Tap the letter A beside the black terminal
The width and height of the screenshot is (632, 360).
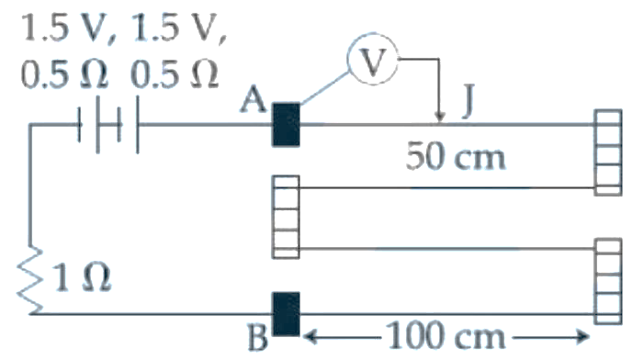[254, 100]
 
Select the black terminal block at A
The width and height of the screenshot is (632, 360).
[287, 125]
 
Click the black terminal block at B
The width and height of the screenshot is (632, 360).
[287, 314]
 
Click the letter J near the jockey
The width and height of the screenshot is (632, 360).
[468, 101]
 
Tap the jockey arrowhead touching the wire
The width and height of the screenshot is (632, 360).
[440, 116]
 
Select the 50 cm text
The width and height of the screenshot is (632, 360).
[455, 157]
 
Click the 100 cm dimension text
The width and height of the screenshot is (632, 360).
[446, 335]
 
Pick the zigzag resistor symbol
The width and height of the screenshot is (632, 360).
[29, 279]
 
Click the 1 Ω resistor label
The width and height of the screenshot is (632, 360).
[82, 278]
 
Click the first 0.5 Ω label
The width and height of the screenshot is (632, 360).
[64, 74]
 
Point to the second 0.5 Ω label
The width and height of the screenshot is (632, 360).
[175, 74]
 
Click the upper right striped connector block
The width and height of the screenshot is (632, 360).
[608, 152]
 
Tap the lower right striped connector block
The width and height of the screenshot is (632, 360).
[608, 281]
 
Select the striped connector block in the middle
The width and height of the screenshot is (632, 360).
[287, 217]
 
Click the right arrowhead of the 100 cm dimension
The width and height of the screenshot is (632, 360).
[582, 336]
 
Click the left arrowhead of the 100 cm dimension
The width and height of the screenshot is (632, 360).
[310, 336]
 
